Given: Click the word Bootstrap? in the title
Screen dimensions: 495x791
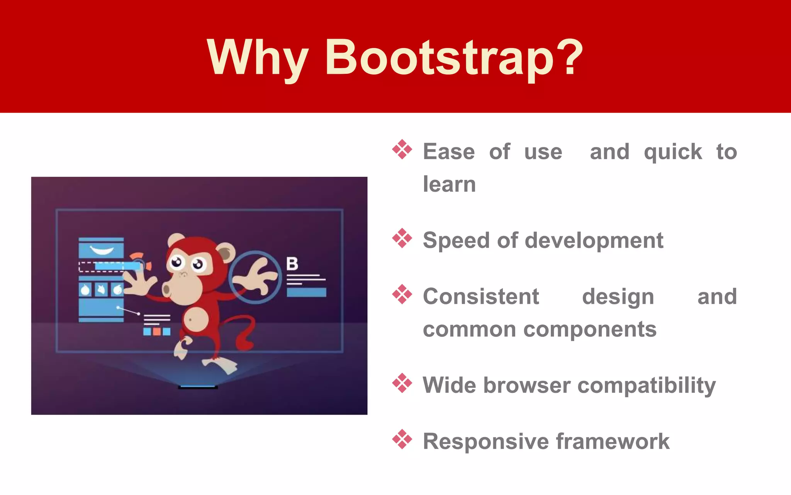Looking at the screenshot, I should pos(454,58).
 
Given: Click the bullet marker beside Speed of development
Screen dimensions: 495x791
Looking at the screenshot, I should pos(402,238).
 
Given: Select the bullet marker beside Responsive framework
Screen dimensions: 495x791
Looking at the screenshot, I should pos(402,439).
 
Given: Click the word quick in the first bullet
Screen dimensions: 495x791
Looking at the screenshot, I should pos(672,152).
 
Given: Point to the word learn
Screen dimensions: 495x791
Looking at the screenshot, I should pos(449,184).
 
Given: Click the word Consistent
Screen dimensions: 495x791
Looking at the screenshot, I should pos(481,297).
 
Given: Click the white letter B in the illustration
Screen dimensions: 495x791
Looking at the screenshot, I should pos(292,264).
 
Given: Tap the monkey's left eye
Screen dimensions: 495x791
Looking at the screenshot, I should pos(177,262).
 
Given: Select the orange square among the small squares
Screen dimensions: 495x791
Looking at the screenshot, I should pos(157,331).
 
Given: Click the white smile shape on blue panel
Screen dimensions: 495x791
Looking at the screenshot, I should pos(101,250).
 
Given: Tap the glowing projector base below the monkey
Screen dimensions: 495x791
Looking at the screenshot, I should pos(198,387).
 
